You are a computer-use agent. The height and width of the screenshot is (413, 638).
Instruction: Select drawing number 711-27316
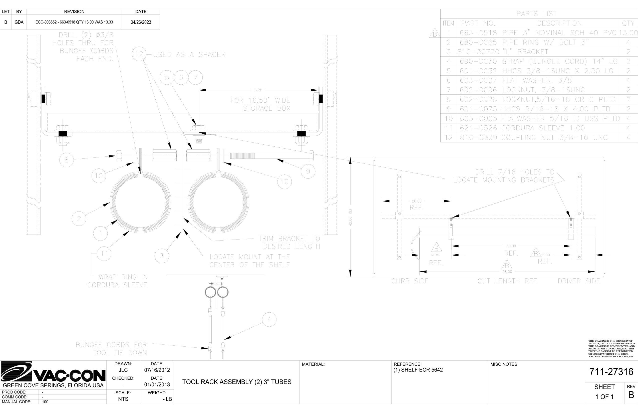611,372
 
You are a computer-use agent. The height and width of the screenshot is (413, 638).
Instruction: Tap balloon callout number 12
139,54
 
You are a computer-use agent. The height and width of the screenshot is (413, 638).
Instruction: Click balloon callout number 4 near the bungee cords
269,319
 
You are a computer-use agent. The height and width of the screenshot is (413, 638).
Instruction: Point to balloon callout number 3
162,256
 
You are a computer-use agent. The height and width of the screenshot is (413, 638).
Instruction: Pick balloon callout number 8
67,160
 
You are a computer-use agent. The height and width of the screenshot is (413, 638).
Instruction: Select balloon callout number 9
308,171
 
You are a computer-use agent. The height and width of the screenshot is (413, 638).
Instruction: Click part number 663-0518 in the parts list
478,33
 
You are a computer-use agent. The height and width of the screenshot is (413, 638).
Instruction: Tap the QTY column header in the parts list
628,23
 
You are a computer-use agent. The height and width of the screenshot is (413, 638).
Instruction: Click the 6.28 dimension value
258,90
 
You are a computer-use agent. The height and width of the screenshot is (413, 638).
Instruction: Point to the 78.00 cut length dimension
507,272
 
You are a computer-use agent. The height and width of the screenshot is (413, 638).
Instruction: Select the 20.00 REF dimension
417,201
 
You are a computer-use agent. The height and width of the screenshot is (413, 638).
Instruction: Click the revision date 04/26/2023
141,22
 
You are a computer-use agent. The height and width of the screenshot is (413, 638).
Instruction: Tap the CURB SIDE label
410,281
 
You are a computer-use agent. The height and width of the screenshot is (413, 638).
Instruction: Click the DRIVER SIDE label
579,281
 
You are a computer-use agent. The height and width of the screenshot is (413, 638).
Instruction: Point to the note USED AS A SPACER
189,55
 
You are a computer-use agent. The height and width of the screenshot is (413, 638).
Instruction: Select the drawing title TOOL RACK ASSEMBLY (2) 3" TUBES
237,382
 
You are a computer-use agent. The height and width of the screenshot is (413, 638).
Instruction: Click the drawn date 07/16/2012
157,370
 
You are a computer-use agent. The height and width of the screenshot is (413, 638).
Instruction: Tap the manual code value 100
45,402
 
